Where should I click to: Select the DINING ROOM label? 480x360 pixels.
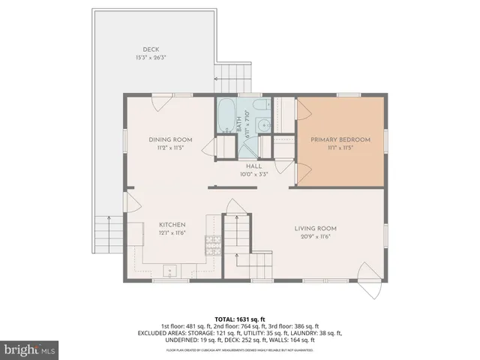[170, 140]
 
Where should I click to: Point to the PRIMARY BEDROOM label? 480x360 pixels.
[341, 140]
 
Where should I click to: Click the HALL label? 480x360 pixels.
[253, 166]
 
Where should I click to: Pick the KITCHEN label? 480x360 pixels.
[172, 225]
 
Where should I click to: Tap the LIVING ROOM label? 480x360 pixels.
[314, 229]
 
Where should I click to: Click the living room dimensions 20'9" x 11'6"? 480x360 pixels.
[314, 237]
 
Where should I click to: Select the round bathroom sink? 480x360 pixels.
[263, 126]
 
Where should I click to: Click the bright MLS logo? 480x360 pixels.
[30, 349]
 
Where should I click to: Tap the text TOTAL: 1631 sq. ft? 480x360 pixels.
[239, 319]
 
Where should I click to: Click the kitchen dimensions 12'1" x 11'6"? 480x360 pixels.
[172, 233]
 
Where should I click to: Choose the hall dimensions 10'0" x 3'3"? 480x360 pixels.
[253, 174]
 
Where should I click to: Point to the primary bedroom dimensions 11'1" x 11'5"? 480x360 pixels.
[341, 148]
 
